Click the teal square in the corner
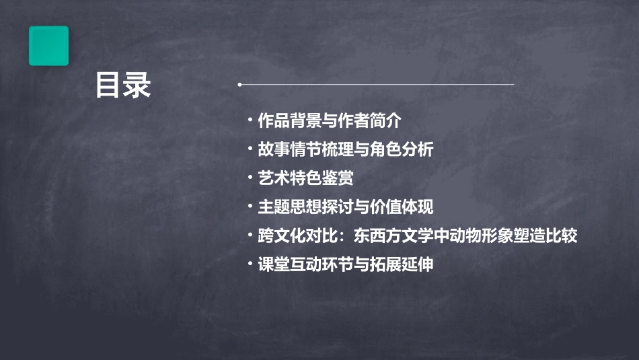[48, 46]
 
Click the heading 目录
[122, 85]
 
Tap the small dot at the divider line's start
[239, 85]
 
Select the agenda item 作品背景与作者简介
[329, 121]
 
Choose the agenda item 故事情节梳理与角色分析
[345, 149]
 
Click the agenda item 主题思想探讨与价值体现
[345, 207]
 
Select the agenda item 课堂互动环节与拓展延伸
[345, 264]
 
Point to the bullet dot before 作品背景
[250, 121]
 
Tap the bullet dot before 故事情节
[250, 149]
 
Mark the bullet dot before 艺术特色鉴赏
[250, 178]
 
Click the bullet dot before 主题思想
[250, 207]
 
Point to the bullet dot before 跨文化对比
[250, 236]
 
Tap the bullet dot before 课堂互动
[250, 264]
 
